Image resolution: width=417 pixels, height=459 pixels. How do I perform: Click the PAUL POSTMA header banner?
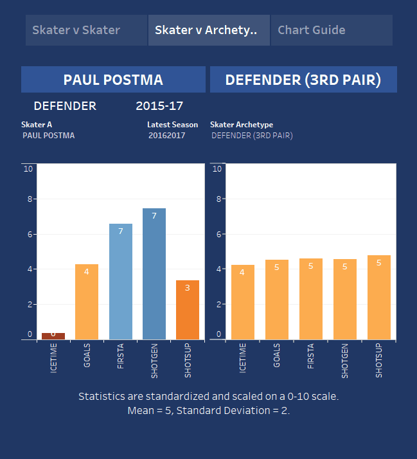click(x=113, y=80)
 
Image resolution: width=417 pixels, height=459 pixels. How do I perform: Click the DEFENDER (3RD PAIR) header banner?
click(x=303, y=80)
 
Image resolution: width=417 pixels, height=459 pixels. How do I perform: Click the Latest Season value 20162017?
click(x=166, y=136)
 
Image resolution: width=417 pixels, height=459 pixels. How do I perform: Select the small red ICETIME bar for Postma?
click(x=53, y=336)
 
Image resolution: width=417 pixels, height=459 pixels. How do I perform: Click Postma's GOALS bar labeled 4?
click(x=87, y=301)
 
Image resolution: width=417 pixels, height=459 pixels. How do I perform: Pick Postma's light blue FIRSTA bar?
click(x=121, y=281)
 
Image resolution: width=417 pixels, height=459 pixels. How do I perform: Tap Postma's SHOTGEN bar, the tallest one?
click(x=154, y=274)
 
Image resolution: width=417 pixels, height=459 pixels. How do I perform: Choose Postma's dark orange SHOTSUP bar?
click(x=188, y=310)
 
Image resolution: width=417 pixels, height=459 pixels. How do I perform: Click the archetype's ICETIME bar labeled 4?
click(x=243, y=302)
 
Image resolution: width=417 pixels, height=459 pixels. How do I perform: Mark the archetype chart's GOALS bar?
click(x=277, y=300)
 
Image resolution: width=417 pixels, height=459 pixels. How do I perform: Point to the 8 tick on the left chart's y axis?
click(x=29, y=199)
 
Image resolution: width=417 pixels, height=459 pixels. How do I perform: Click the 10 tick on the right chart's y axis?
click(x=217, y=169)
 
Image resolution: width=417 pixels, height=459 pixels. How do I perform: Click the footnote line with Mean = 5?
click(x=208, y=410)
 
